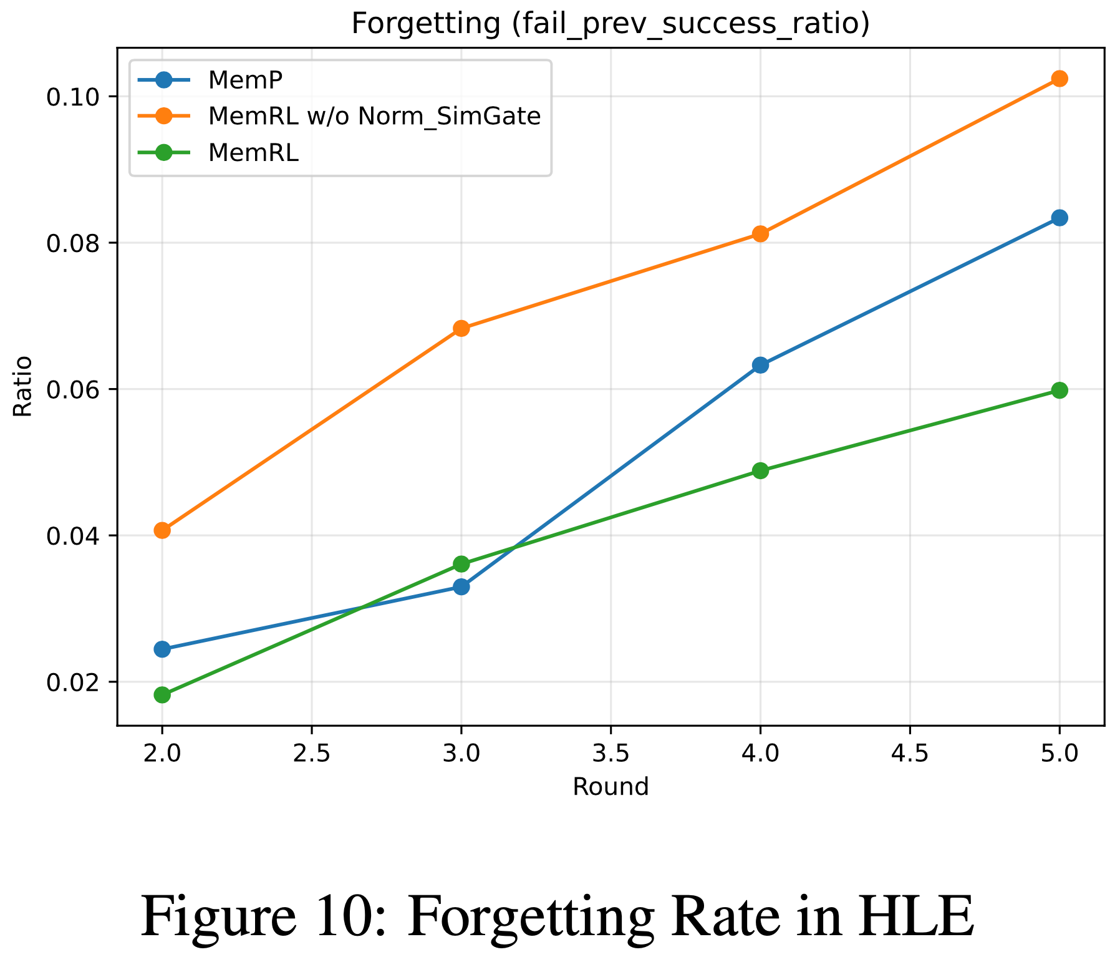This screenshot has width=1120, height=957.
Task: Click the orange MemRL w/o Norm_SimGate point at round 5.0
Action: click(1059, 79)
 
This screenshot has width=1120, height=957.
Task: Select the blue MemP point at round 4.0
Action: click(760, 365)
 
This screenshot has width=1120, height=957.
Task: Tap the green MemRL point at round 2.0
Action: click(162, 694)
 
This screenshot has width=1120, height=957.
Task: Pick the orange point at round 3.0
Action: click(461, 328)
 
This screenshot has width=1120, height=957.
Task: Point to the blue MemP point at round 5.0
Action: click(1059, 218)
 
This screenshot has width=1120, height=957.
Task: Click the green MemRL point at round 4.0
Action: click(760, 470)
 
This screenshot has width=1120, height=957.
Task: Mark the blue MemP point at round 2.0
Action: click(162, 649)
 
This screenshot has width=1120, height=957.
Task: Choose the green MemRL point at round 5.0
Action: click(1059, 391)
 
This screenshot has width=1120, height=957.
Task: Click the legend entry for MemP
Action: click(246, 80)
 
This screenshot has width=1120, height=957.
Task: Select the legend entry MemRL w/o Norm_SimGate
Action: click(374, 116)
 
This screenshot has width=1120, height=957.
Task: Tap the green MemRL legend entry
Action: click(253, 153)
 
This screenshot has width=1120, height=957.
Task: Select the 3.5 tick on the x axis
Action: click(610, 754)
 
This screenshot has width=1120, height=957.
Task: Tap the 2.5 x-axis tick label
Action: click(311, 754)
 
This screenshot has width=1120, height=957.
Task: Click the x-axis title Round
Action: click(611, 787)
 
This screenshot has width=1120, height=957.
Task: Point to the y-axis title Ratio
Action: click(23, 386)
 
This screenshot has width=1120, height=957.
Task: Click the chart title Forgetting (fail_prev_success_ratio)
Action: click(611, 24)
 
